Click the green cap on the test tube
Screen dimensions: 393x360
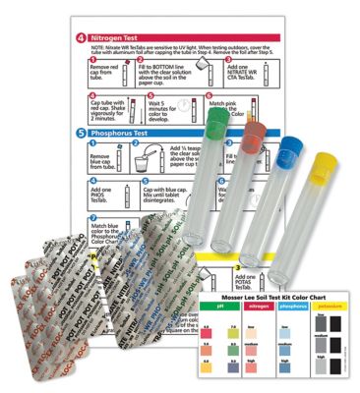(x=220, y=115)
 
